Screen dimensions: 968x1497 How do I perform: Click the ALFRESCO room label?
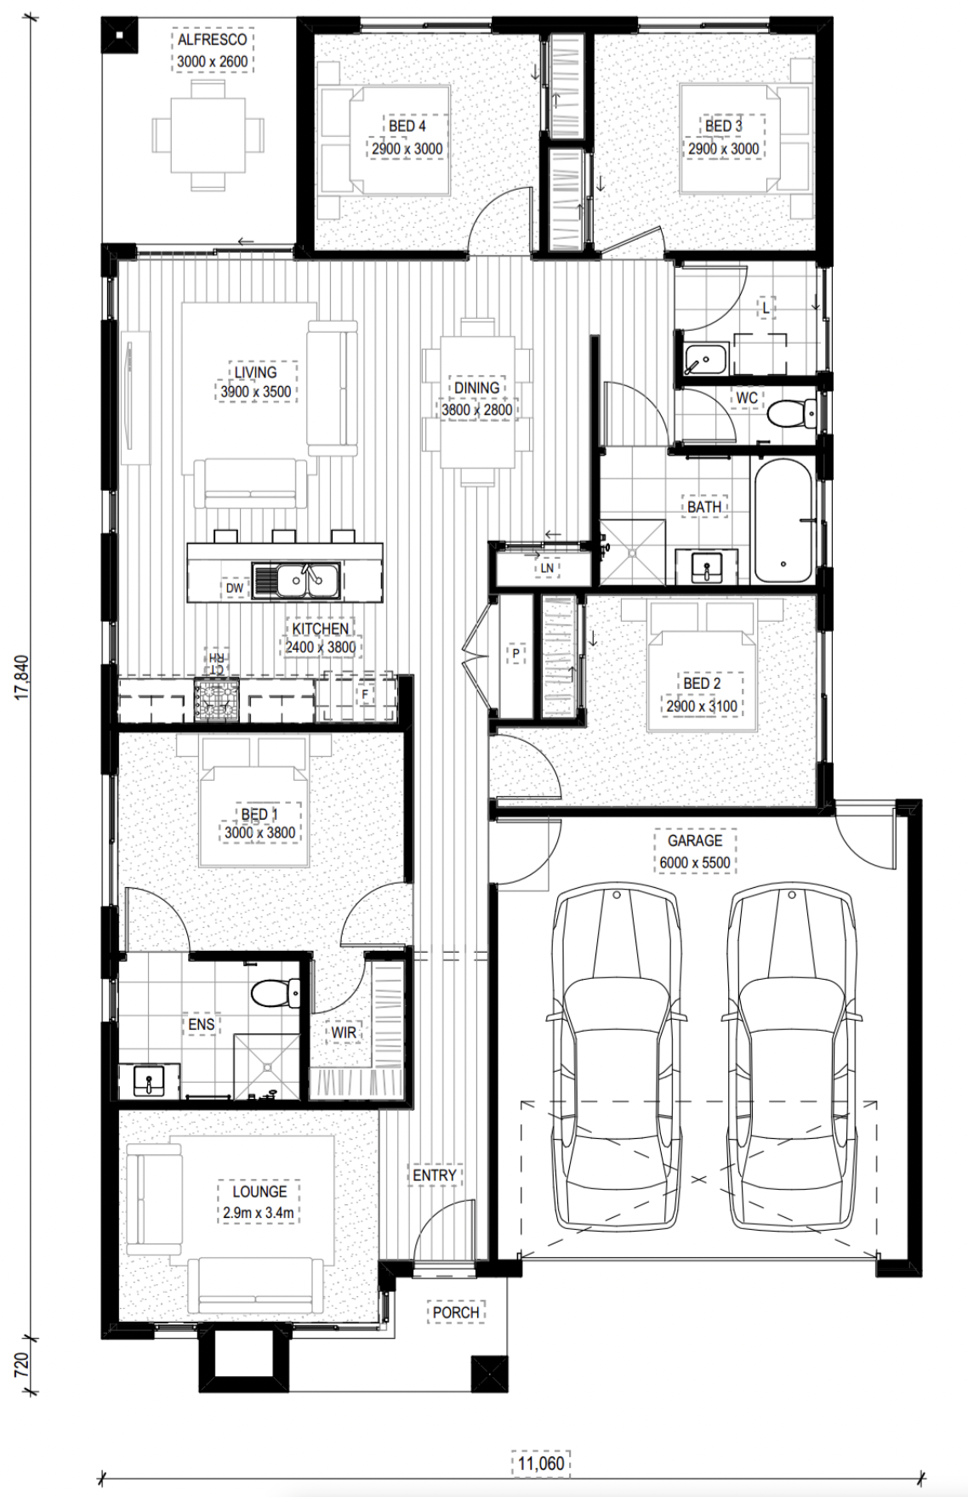212,39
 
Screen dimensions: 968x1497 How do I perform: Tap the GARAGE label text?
695,840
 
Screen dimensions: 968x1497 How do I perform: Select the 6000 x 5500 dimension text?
695,862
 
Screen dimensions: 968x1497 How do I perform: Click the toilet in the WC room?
791,414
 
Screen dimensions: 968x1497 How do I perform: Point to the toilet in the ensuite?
277,991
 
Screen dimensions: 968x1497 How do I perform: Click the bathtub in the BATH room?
783,521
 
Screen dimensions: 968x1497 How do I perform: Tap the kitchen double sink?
297,580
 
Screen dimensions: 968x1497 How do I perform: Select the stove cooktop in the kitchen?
217,700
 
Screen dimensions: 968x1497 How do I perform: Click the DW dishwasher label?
234,588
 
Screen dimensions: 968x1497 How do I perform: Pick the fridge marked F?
364,694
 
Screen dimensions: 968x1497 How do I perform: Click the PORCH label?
456,1312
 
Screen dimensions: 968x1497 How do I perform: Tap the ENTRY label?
435,1175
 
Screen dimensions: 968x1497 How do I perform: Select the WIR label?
344,1033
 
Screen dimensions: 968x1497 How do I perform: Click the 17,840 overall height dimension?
23,676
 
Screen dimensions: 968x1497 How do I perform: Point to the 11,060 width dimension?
541,1464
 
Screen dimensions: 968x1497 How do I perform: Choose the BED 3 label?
724,126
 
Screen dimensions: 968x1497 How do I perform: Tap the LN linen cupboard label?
546,568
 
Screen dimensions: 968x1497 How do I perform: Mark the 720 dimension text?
23,1365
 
